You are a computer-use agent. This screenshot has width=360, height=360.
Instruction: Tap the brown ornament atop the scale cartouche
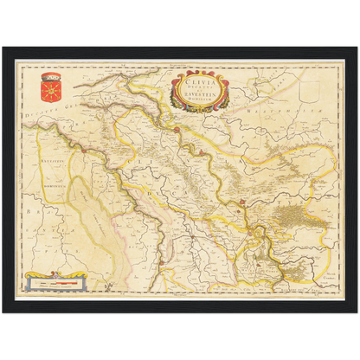click(55, 274)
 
